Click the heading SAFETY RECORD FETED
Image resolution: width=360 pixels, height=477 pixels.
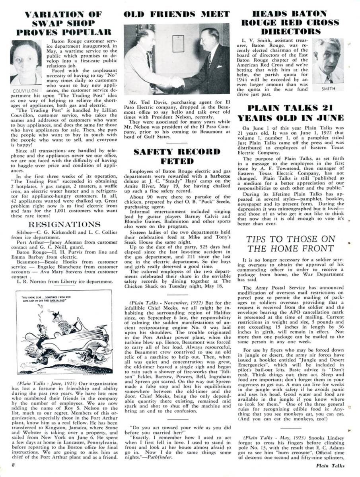177,157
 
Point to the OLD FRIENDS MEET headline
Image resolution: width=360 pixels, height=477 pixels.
177,15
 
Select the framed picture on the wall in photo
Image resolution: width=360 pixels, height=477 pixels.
178,43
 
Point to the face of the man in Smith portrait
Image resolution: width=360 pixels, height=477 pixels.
330,60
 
